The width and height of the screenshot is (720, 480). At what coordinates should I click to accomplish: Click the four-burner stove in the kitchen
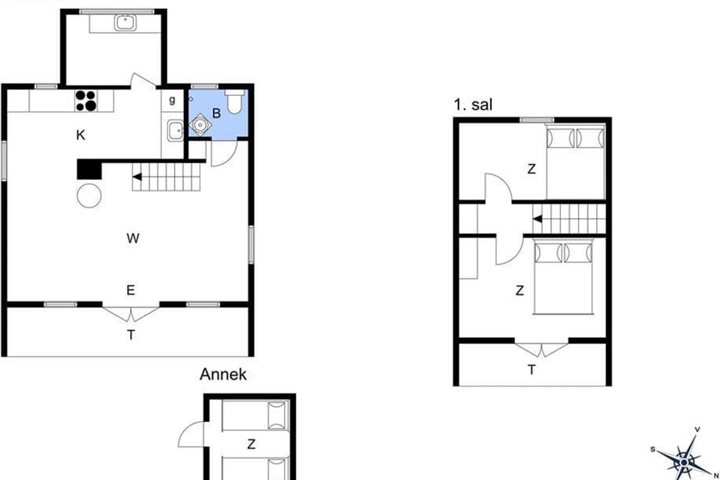point(86,101)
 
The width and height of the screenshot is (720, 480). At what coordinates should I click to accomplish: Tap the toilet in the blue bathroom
point(235,101)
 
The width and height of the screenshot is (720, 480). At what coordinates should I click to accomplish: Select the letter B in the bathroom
point(217,113)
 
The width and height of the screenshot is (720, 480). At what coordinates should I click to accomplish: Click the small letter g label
point(172,100)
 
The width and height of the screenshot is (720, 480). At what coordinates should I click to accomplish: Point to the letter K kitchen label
point(80,135)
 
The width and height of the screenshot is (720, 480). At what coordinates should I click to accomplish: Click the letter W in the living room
point(133,238)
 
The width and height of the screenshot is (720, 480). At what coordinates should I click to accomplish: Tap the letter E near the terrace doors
point(131,290)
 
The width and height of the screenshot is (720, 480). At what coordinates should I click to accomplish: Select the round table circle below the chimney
point(89,196)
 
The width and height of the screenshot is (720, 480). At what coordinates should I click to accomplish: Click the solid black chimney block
point(89,169)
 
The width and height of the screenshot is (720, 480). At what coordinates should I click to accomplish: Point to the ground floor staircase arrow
point(137,177)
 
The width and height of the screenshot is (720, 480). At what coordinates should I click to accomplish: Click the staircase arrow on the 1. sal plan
point(538,219)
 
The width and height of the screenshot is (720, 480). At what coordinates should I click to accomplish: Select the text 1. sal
point(473,105)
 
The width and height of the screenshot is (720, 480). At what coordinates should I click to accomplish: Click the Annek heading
point(223,374)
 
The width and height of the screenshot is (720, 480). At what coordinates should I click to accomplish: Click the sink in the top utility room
point(125,23)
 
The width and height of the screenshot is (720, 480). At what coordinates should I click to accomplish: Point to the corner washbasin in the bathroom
point(200,124)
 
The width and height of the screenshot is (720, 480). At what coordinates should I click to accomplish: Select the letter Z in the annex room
point(251,445)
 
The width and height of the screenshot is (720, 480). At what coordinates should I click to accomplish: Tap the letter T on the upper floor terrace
point(532,370)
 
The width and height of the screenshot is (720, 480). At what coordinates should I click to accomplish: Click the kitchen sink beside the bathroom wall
point(175,130)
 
